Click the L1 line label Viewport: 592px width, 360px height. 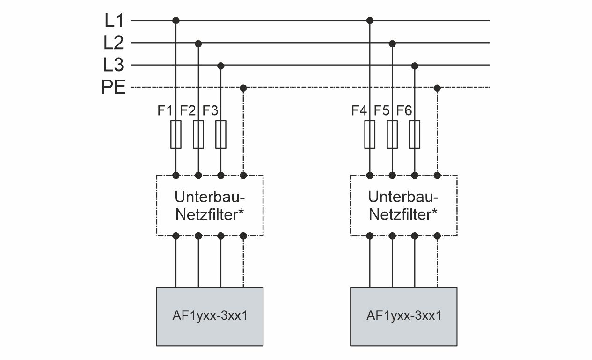tap(113, 21)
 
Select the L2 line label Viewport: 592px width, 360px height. tap(113, 43)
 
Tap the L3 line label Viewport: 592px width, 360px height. tap(113, 65)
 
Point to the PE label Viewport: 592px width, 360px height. tap(114, 88)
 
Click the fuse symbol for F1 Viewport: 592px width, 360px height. tap(176, 134)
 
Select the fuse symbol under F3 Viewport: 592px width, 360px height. tap(221, 134)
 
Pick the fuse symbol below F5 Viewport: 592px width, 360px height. tap(392, 134)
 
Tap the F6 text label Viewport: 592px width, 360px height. tap(404, 111)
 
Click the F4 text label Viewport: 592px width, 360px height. tap(359, 111)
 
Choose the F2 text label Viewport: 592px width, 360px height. tap(188, 111)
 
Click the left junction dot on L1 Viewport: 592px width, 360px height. tap(176, 21)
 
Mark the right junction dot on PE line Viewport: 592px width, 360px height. tap(437, 88)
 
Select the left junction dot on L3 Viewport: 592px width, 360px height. tap(221, 65)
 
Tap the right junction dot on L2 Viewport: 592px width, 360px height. tap(392, 43)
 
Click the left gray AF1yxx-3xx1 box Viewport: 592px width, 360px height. tap(209, 316)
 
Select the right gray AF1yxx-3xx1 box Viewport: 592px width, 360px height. tap(403, 316)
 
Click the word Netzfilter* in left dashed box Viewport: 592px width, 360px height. tap(209, 215)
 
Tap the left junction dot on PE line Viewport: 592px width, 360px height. tap(243, 88)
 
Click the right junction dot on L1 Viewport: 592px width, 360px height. tap(370, 21)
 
